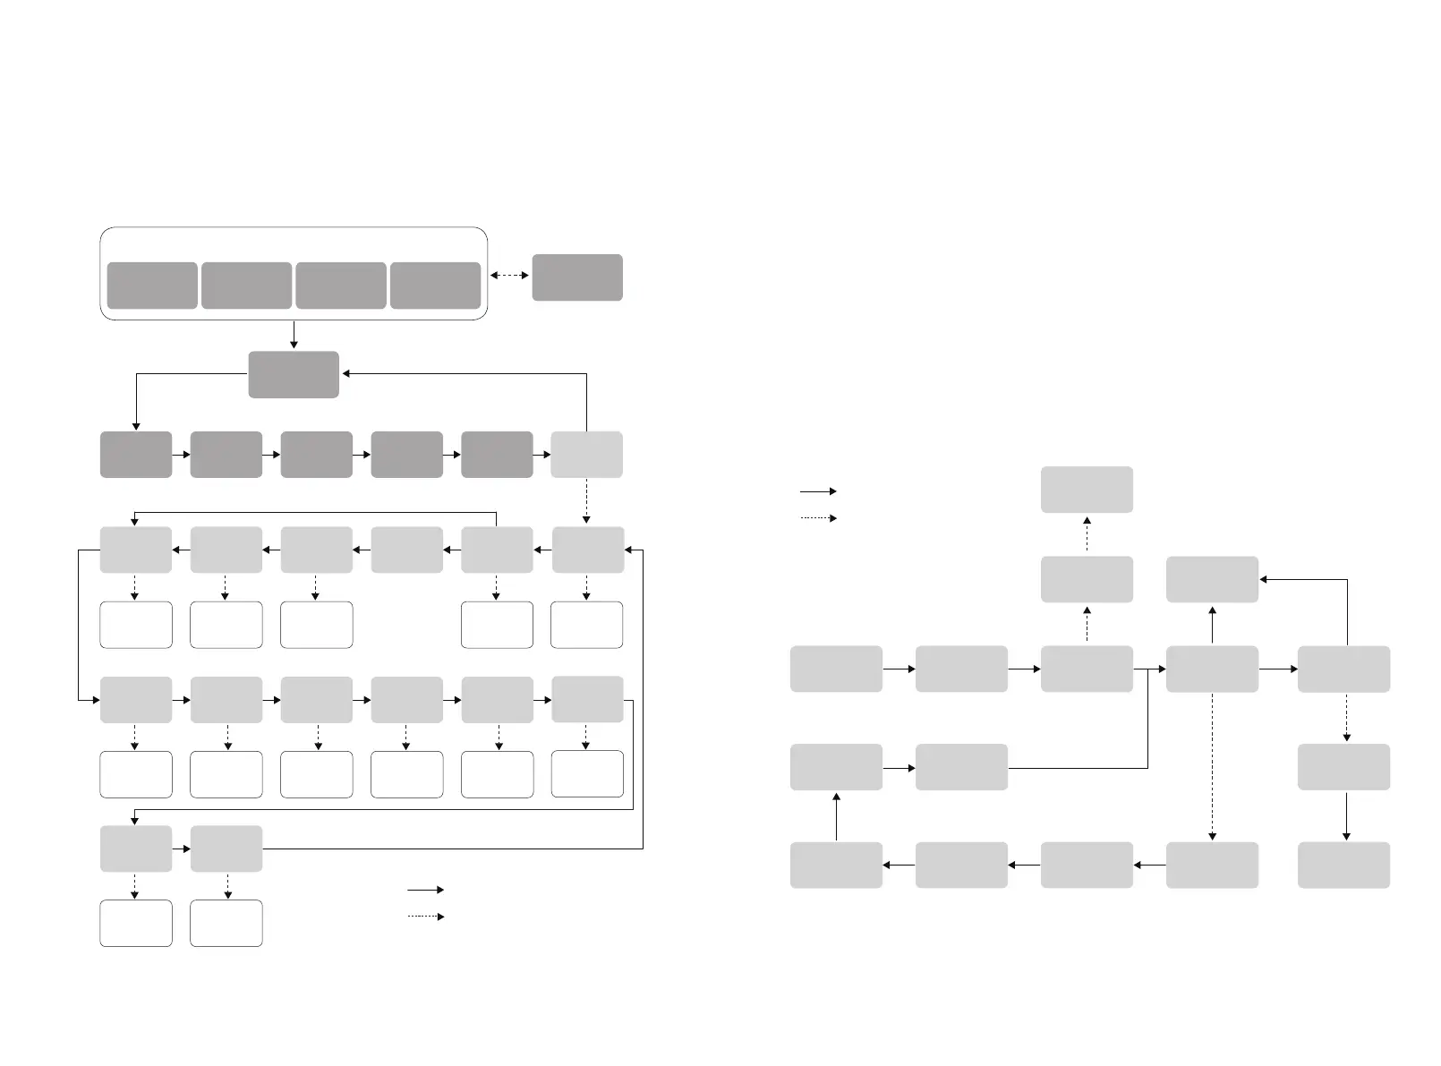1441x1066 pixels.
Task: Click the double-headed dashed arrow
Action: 509,276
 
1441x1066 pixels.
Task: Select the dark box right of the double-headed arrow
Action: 577,277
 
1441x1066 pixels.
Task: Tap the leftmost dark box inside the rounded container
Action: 152,286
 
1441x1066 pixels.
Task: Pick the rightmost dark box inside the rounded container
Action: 435,286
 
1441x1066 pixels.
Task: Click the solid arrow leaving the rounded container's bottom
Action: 294,335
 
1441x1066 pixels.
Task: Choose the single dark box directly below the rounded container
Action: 294,374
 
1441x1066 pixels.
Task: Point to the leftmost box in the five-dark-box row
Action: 136,455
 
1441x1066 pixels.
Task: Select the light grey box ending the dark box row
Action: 586,455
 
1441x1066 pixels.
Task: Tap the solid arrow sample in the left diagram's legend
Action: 425,890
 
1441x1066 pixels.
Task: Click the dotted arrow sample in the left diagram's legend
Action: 425,917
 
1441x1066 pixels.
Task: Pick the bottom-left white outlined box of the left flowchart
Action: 136,923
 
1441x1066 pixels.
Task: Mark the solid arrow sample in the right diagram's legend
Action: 818,491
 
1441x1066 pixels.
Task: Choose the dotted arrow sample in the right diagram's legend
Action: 818,518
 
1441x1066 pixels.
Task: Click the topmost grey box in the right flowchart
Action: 1087,490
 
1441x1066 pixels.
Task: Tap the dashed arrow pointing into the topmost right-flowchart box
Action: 1087,534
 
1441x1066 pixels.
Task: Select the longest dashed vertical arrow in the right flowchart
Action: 1212,767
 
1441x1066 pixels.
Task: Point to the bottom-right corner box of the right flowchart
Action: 1343,865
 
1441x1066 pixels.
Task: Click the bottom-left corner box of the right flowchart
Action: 836,865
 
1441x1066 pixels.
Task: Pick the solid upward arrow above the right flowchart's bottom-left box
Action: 836,815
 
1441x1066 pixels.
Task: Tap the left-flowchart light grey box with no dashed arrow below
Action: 406,550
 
